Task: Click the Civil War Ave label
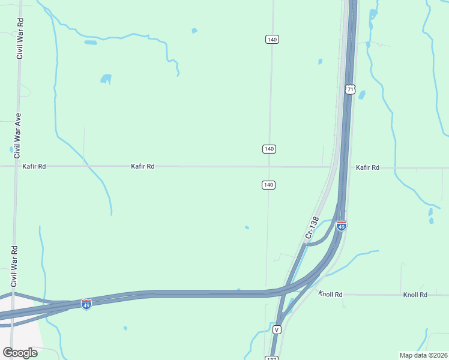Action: click(18, 134)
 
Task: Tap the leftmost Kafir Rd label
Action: click(34, 166)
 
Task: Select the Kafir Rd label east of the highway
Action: click(367, 167)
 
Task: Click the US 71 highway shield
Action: click(350, 89)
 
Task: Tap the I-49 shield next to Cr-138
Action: click(341, 226)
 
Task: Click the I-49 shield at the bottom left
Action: click(86, 304)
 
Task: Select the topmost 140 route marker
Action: click(271, 39)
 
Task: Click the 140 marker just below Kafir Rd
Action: click(268, 185)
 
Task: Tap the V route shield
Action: click(276, 330)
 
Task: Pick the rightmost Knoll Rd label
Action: click(415, 295)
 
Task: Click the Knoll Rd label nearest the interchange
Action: click(330, 294)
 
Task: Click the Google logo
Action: click(20, 353)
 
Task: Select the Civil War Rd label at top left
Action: click(20, 38)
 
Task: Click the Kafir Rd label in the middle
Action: click(143, 166)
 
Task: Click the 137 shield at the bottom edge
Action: click(271, 358)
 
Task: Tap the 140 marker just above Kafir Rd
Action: click(269, 148)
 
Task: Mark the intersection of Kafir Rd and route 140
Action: click(269, 167)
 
